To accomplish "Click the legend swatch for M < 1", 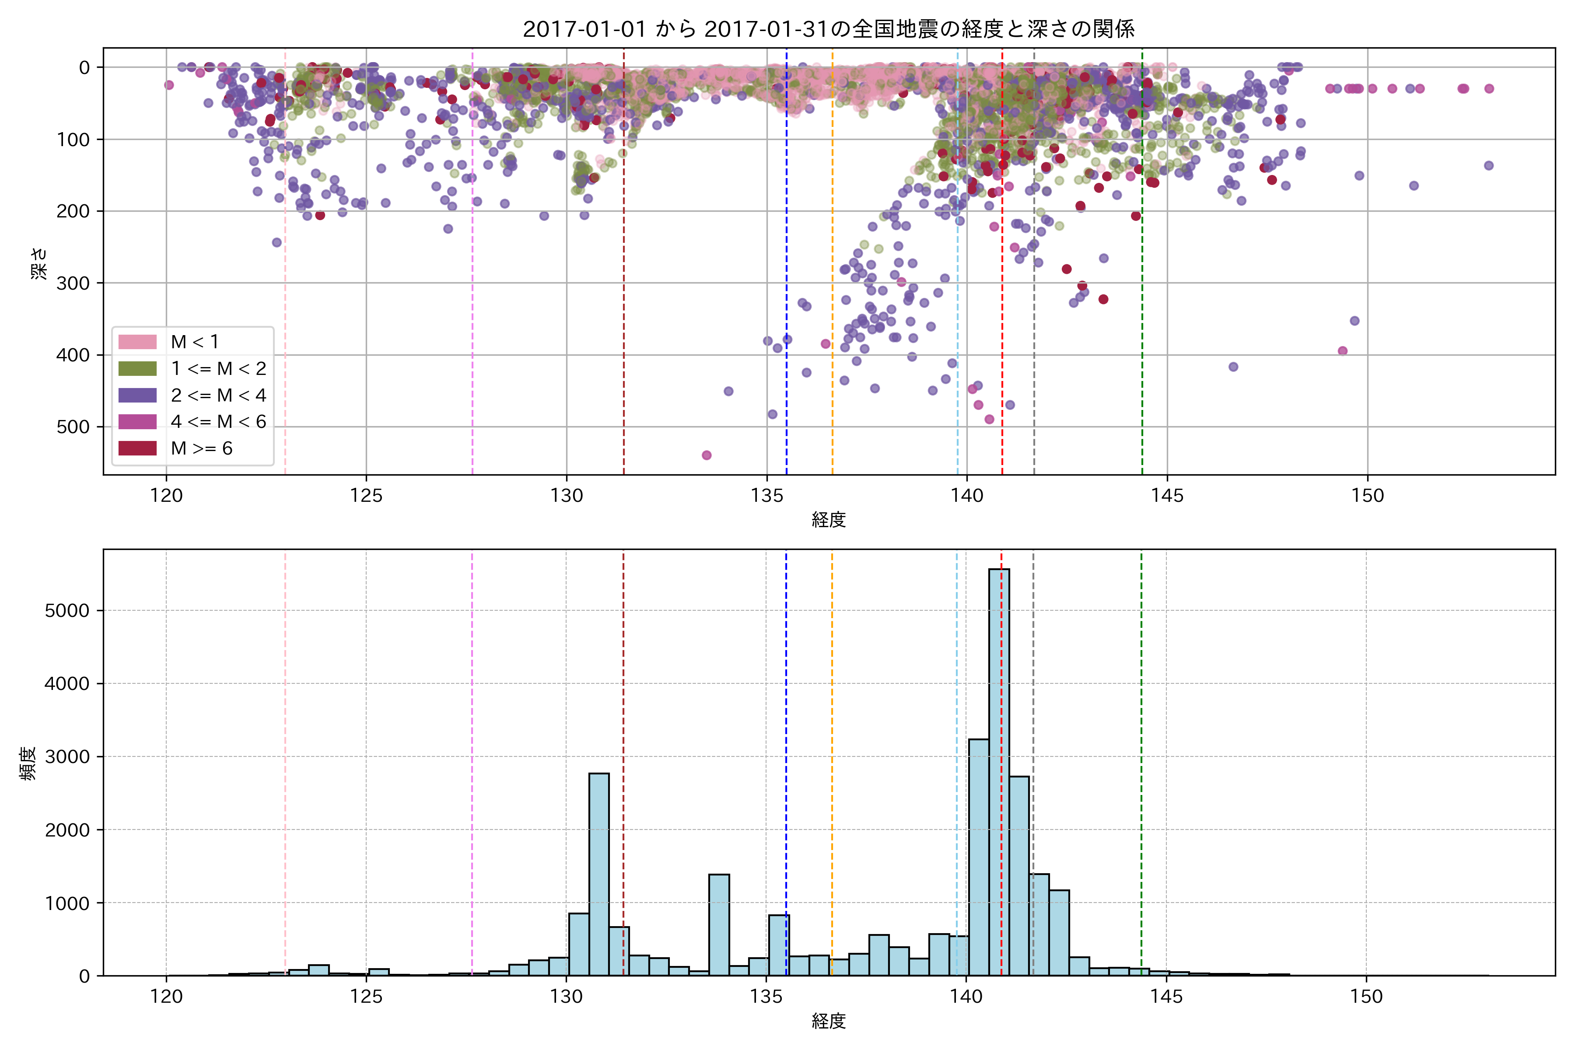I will point(137,342).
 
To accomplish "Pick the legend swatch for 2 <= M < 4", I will point(137,395).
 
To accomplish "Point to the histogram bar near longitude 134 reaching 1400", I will point(718,924).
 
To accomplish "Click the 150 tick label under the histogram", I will point(1366,997).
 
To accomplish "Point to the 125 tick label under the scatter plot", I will point(366,496).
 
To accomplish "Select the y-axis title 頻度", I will point(28,763).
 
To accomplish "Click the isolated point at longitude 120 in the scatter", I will point(169,85).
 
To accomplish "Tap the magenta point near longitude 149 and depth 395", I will point(1342,351).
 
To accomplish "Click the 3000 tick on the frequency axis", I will point(67,757).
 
